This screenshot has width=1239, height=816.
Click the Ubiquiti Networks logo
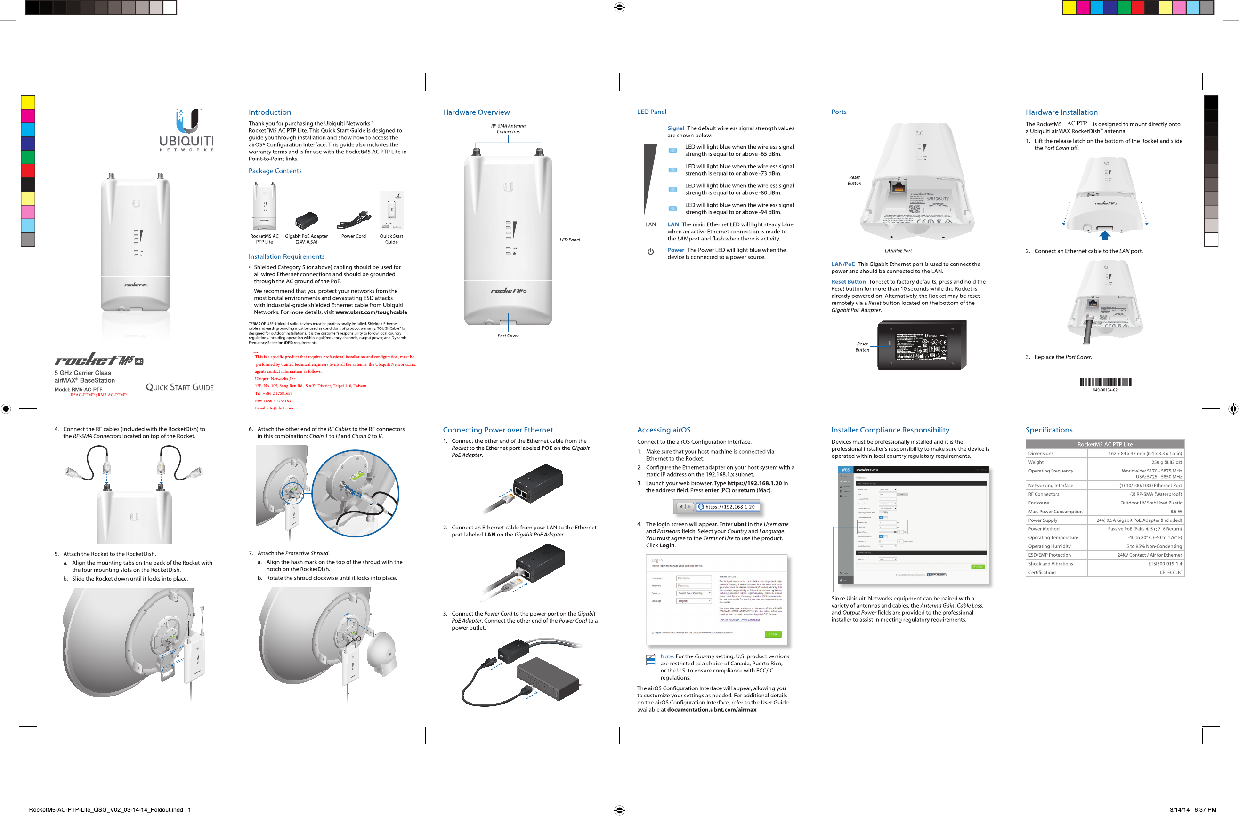186,130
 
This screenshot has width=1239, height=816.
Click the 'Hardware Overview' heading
476,112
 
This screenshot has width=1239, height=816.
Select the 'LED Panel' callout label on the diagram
569,240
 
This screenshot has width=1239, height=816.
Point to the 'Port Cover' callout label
508,336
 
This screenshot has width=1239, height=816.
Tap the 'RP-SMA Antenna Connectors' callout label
508,128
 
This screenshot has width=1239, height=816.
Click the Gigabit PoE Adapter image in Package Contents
306,221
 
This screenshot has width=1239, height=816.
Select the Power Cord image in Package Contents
354,221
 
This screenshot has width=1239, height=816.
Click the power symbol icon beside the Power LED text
650,252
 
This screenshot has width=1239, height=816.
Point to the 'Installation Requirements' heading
286,256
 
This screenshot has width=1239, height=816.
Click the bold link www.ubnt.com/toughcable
371,312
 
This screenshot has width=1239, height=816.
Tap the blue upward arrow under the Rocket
1105,235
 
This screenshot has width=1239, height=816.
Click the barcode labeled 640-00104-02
1105,382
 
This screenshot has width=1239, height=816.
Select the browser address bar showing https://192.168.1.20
729,507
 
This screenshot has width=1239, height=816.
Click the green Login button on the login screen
773,634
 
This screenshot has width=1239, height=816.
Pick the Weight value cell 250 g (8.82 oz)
1166,462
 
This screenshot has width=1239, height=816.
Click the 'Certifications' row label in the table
1042,572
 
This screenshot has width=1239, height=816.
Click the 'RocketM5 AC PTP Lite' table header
1105,444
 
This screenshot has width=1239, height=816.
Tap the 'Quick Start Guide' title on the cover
180,387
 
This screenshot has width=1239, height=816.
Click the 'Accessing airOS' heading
664,430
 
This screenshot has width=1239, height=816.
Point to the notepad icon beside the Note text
650,660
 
